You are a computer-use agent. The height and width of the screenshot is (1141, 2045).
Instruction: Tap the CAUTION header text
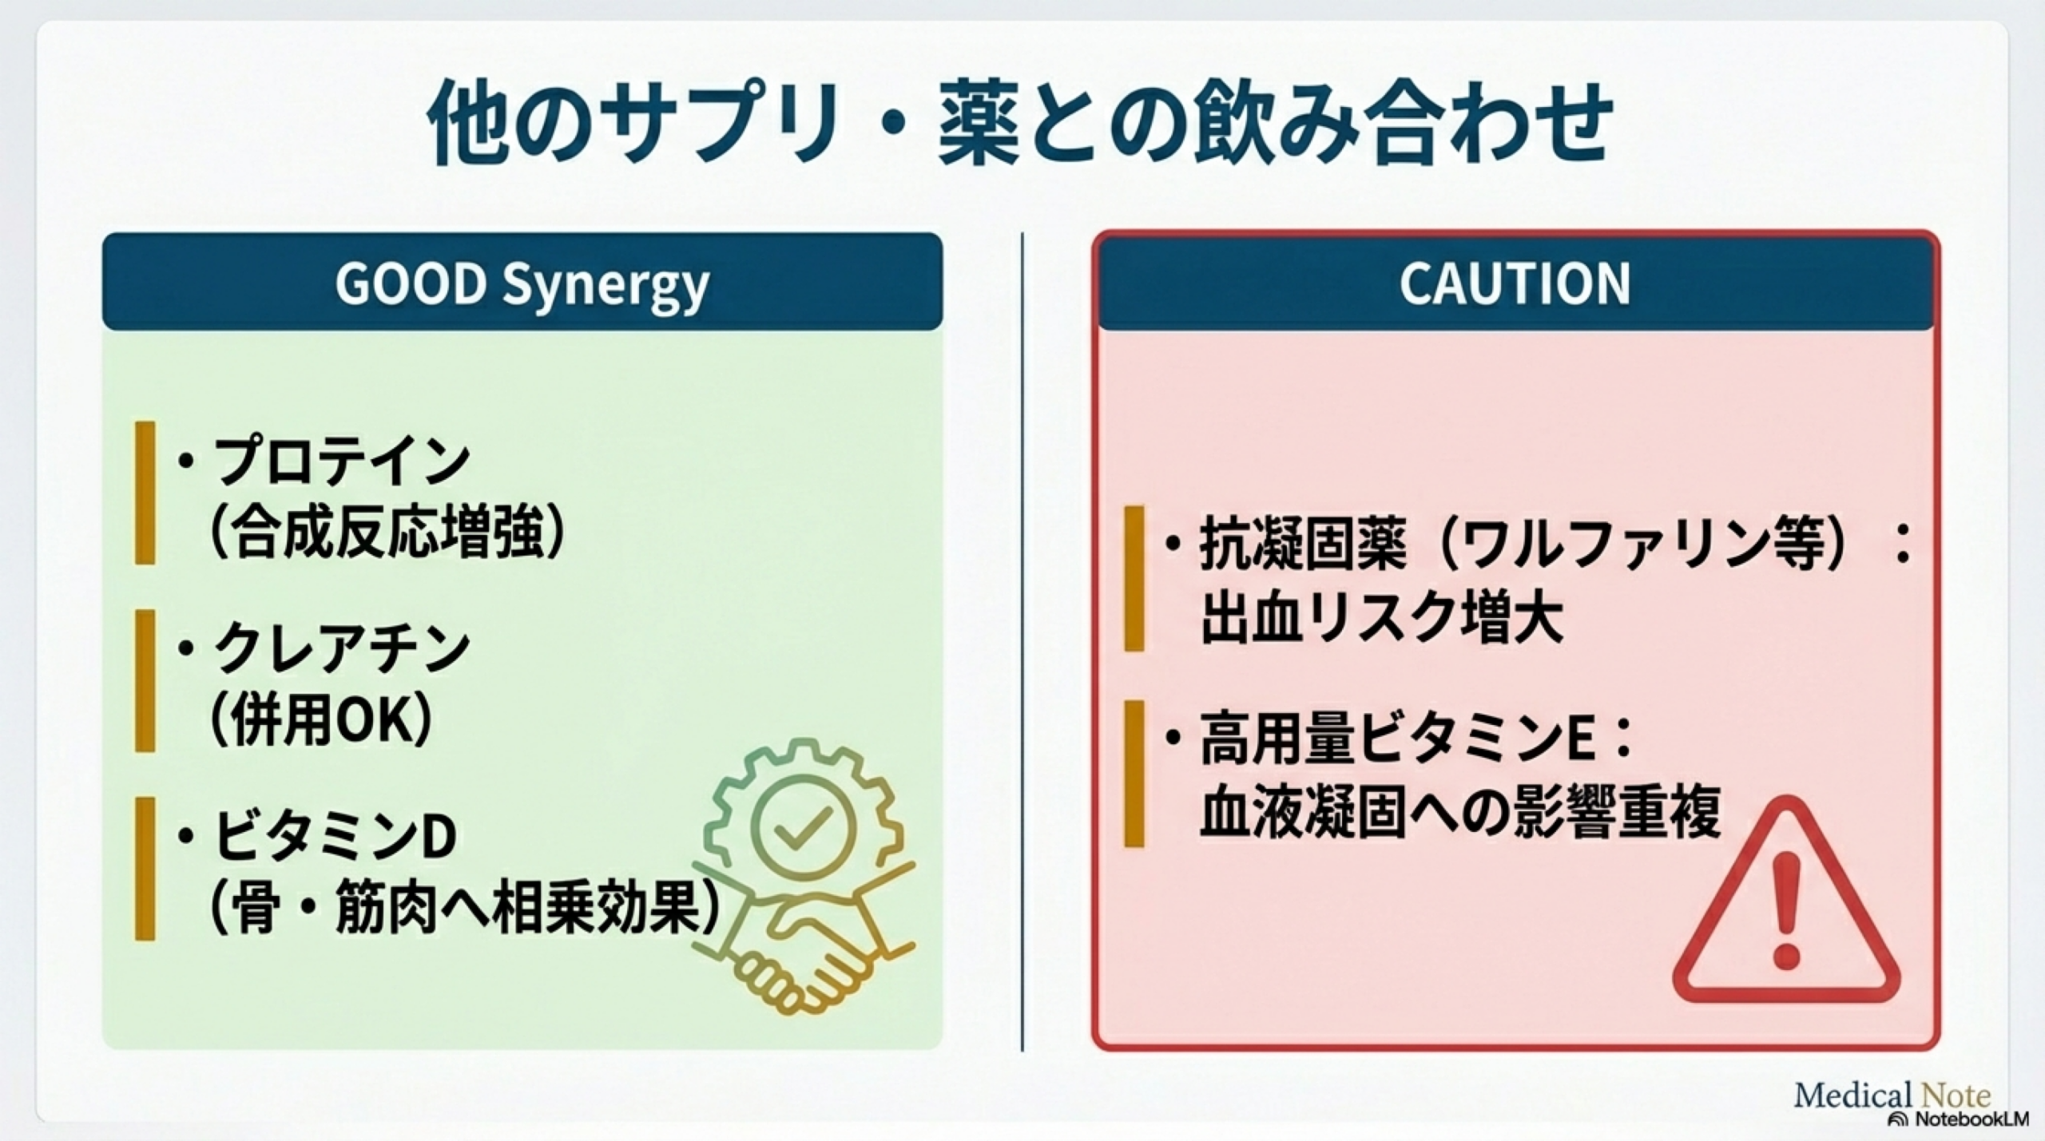click(1515, 283)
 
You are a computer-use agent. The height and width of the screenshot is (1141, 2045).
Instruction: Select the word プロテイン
click(341, 461)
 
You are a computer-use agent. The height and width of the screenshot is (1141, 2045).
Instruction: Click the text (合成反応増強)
click(389, 532)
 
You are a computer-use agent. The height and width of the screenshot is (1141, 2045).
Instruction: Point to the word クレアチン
click(341, 648)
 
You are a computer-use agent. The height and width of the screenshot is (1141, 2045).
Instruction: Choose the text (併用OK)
click(321, 719)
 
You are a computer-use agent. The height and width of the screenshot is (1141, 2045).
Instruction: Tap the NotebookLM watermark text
click(1965, 1119)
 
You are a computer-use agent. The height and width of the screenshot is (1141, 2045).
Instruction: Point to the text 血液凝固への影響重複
click(1459, 812)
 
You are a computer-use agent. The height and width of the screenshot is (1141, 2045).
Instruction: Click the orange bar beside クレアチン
click(145, 680)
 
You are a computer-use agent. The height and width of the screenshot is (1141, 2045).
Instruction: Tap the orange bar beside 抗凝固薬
click(1134, 578)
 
